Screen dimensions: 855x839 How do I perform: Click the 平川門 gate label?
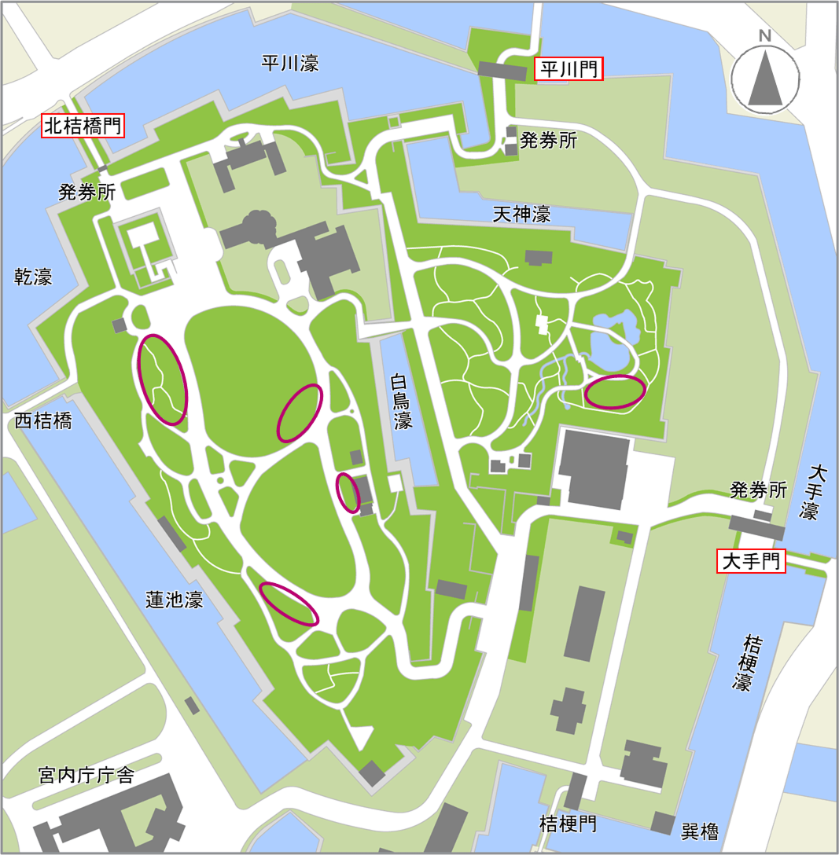click(569, 70)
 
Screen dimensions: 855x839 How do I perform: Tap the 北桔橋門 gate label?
click(83, 126)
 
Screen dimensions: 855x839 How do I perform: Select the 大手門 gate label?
click(751, 561)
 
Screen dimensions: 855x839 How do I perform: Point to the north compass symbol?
click(764, 75)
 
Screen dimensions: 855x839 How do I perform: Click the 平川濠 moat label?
click(290, 64)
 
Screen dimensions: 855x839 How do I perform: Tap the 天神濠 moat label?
click(521, 213)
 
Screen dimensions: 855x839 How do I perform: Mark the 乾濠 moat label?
click(33, 277)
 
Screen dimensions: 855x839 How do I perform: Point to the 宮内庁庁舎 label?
click(86, 776)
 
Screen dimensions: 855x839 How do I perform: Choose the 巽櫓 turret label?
click(700, 831)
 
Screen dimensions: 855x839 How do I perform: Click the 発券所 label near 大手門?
click(758, 491)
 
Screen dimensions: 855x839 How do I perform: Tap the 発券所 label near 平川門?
click(549, 141)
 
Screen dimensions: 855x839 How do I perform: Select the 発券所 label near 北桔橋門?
click(86, 193)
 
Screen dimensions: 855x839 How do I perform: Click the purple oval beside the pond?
click(616, 391)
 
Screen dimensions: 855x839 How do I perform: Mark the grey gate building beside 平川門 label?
click(502, 72)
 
